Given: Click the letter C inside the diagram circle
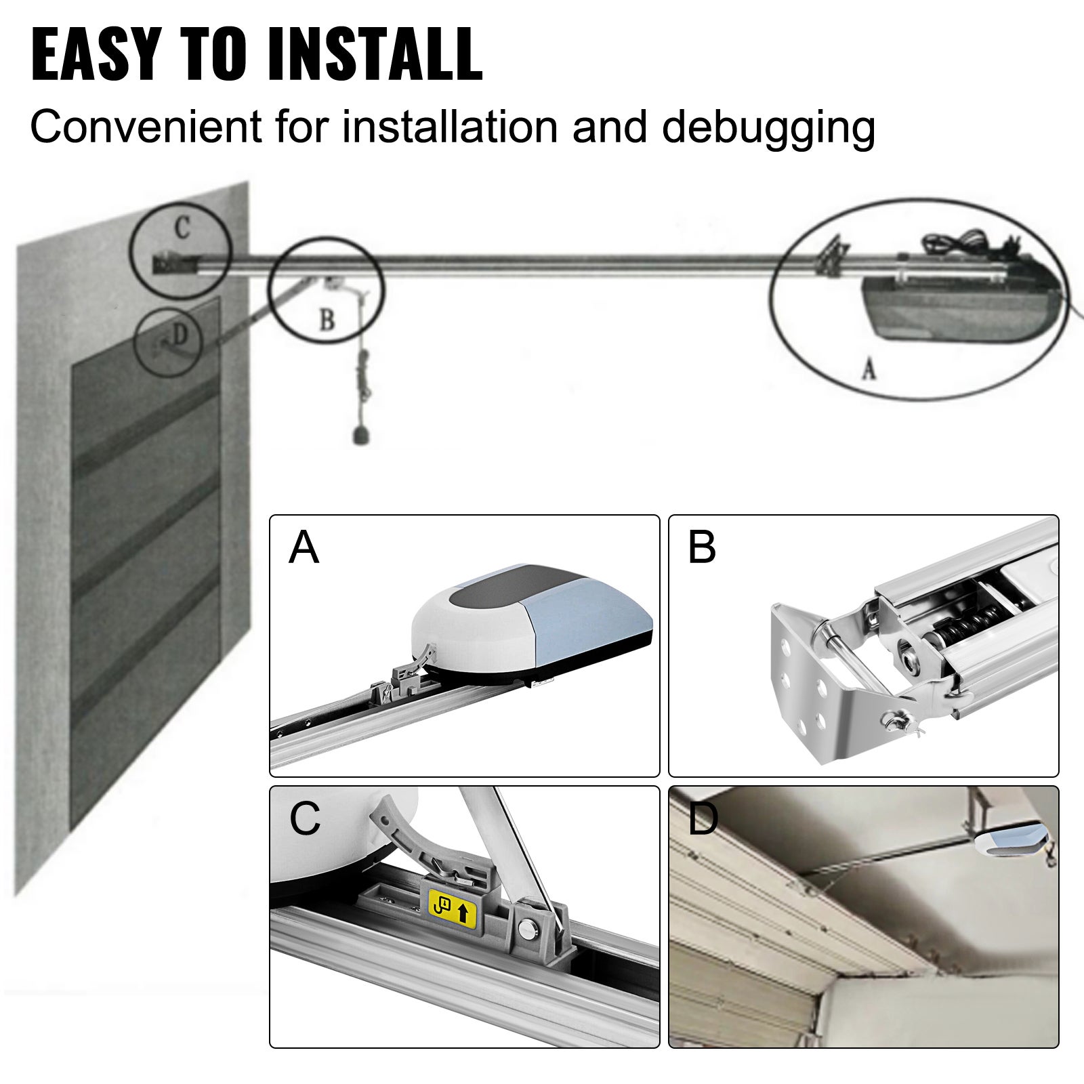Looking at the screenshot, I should click(182, 229).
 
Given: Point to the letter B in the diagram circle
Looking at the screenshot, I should click(327, 320).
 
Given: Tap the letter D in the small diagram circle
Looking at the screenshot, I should click(179, 335).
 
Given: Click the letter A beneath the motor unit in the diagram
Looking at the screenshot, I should click(869, 369).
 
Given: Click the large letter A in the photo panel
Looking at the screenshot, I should click(303, 547).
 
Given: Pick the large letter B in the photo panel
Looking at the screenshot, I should click(701, 547).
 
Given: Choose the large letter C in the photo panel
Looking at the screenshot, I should click(304, 818).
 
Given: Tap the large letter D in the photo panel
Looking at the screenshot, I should click(703, 818).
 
